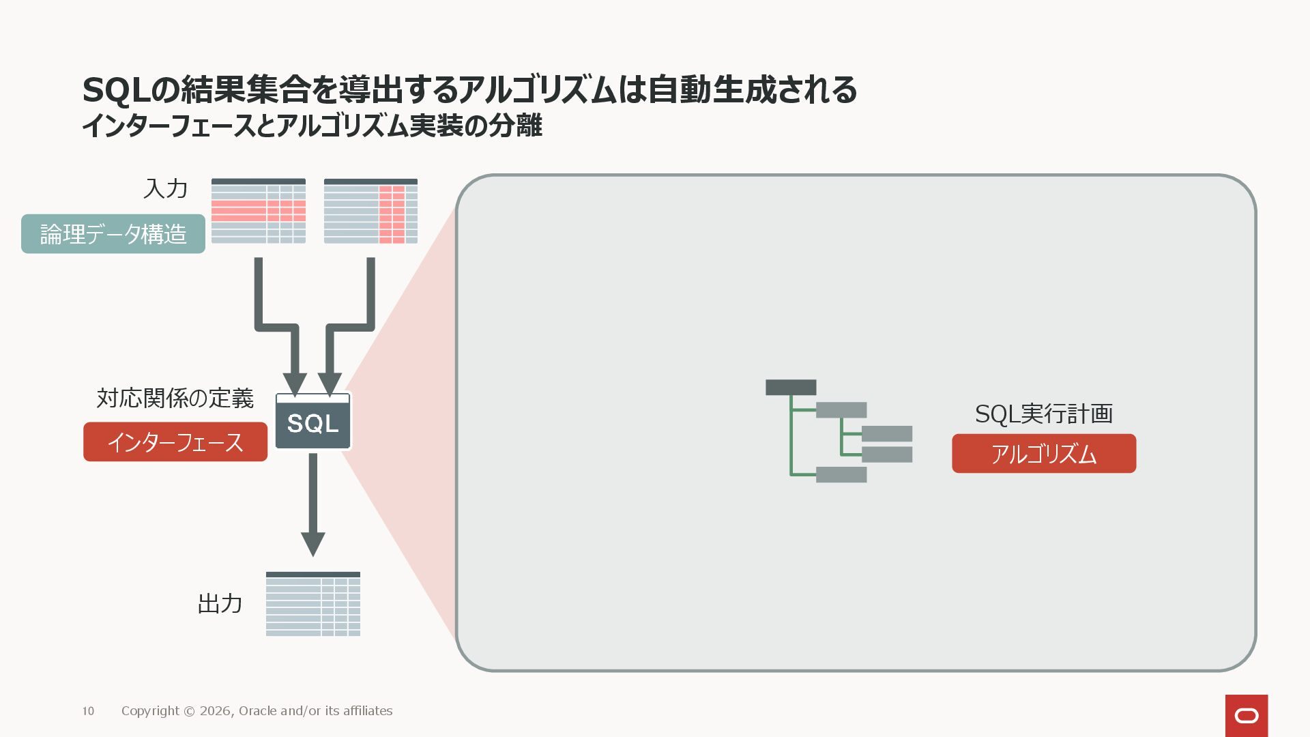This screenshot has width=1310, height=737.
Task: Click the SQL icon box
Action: [312, 422]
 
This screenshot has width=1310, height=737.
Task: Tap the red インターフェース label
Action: [175, 442]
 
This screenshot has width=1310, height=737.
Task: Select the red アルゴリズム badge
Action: [1044, 454]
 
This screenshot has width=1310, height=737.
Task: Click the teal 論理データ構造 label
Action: [113, 234]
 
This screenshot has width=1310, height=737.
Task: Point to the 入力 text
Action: [165, 188]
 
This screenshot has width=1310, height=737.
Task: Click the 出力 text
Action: [220, 603]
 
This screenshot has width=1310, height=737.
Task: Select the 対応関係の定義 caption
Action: [175, 398]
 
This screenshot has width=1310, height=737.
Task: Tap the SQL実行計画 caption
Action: [1043, 414]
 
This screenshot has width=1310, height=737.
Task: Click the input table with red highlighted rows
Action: [259, 211]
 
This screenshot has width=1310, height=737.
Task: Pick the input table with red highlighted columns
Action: [370, 211]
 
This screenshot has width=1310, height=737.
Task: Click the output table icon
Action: [313, 604]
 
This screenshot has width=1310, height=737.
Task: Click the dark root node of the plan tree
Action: [791, 388]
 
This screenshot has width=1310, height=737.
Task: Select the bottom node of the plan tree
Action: [841, 474]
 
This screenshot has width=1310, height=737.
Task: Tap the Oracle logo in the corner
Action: [1247, 715]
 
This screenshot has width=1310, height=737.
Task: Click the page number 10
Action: [88, 711]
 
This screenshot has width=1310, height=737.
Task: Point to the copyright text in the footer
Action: [257, 711]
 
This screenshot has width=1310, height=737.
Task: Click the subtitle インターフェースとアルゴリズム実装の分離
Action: [312, 126]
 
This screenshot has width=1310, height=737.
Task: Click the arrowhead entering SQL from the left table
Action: [295, 384]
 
